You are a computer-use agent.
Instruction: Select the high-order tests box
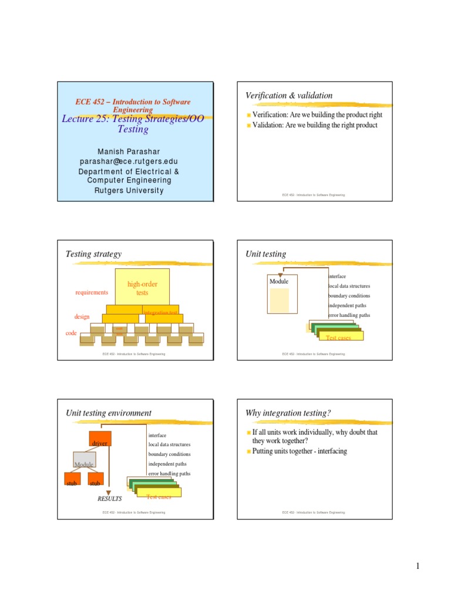coord(142,288)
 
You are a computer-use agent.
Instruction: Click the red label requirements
coord(92,292)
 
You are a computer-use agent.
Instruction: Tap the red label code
coord(71,333)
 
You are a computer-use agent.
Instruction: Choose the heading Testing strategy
coord(93,254)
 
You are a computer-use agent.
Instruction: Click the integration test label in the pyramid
coord(160,313)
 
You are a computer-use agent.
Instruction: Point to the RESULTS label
coord(109,498)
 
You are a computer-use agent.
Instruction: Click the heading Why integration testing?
coord(288,413)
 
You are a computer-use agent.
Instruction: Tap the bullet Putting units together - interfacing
coord(299,451)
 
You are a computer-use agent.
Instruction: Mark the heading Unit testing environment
coord(108,413)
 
